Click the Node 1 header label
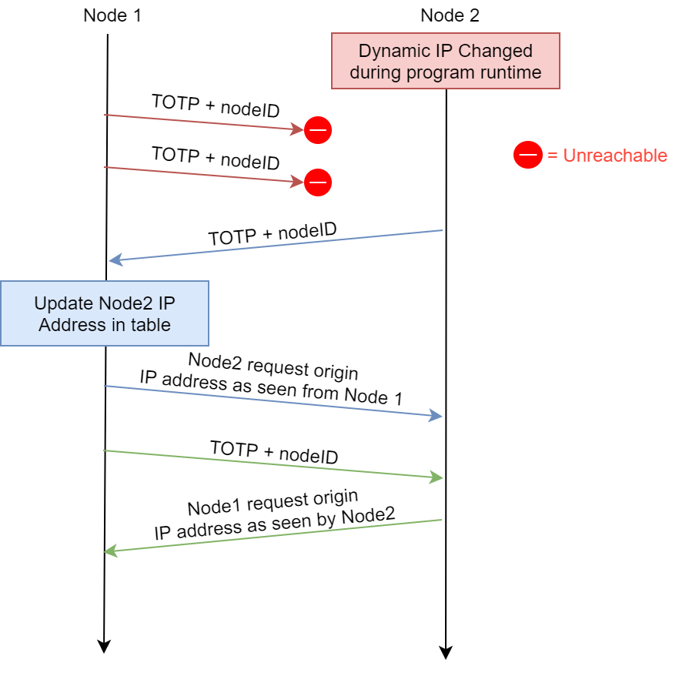pyautogui.click(x=112, y=15)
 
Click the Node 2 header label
pyautogui.click(x=450, y=15)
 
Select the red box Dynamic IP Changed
pyautogui.click(x=445, y=62)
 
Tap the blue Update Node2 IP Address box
pyautogui.click(x=105, y=313)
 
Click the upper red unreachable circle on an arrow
pyautogui.click(x=318, y=131)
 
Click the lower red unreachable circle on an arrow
pyautogui.click(x=318, y=182)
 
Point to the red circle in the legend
pyautogui.click(x=528, y=156)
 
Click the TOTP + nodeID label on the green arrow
pyautogui.click(x=274, y=452)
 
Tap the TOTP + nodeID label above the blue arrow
pyautogui.click(x=273, y=233)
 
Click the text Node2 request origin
pyautogui.click(x=273, y=365)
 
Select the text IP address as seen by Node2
pyautogui.click(x=275, y=524)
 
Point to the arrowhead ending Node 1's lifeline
pyautogui.click(x=102, y=646)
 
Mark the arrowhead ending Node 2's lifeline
pyautogui.click(x=445, y=652)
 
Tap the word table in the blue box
pyautogui.click(x=151, y=324)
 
